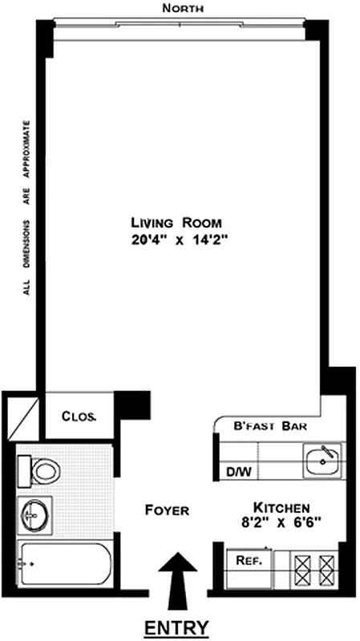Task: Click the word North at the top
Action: (x=182, y=8)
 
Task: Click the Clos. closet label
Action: (x=79, y=417)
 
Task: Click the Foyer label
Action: (x=167, y=510)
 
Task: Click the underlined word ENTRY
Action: (x=176, y=627)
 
